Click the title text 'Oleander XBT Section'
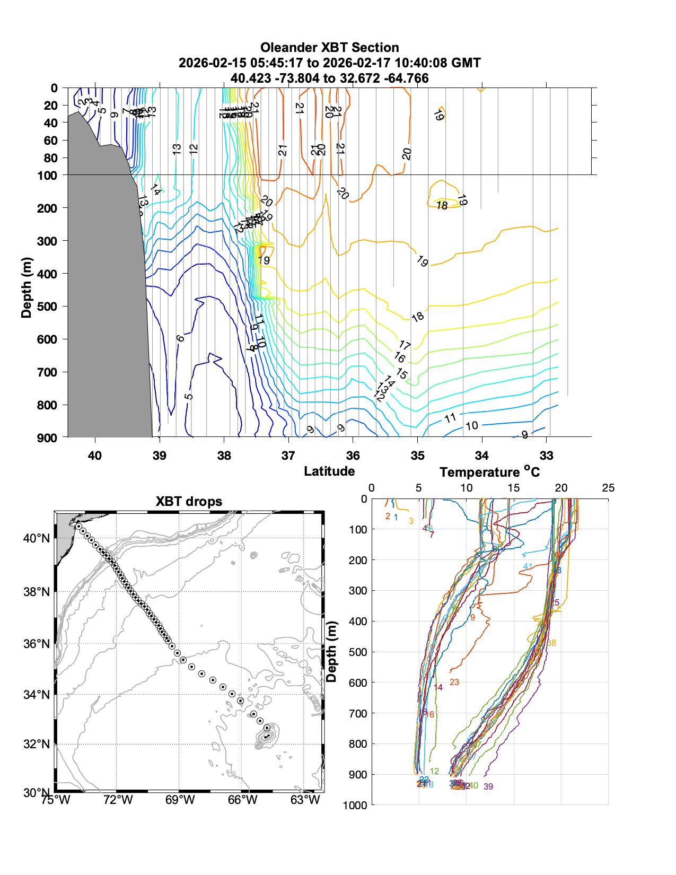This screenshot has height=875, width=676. pos(329,47)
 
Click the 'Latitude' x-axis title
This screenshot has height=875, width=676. pos(329,471)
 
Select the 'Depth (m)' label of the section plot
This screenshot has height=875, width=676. pos(27,287)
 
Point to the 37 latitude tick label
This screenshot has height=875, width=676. pos(288,456)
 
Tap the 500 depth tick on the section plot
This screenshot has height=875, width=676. pos(47,307)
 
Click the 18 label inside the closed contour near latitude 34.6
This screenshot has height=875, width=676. pos(442,205)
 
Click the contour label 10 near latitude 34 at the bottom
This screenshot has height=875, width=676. pos(472,425)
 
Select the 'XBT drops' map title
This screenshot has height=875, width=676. pos(189,501)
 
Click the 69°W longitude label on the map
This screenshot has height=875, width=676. pos(180,800)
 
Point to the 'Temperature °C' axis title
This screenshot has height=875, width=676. pos(489,471)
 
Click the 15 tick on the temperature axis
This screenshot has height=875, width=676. pos(513,488)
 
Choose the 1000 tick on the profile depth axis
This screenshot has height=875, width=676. pos(355,805)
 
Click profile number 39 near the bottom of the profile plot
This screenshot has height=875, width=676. pos(488,786)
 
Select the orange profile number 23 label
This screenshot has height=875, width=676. pos(454,682)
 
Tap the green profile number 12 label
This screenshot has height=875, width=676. pos(434,771)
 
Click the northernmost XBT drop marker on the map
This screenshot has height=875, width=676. pos(78,526)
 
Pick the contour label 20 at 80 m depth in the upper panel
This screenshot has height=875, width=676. pos(407,154)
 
